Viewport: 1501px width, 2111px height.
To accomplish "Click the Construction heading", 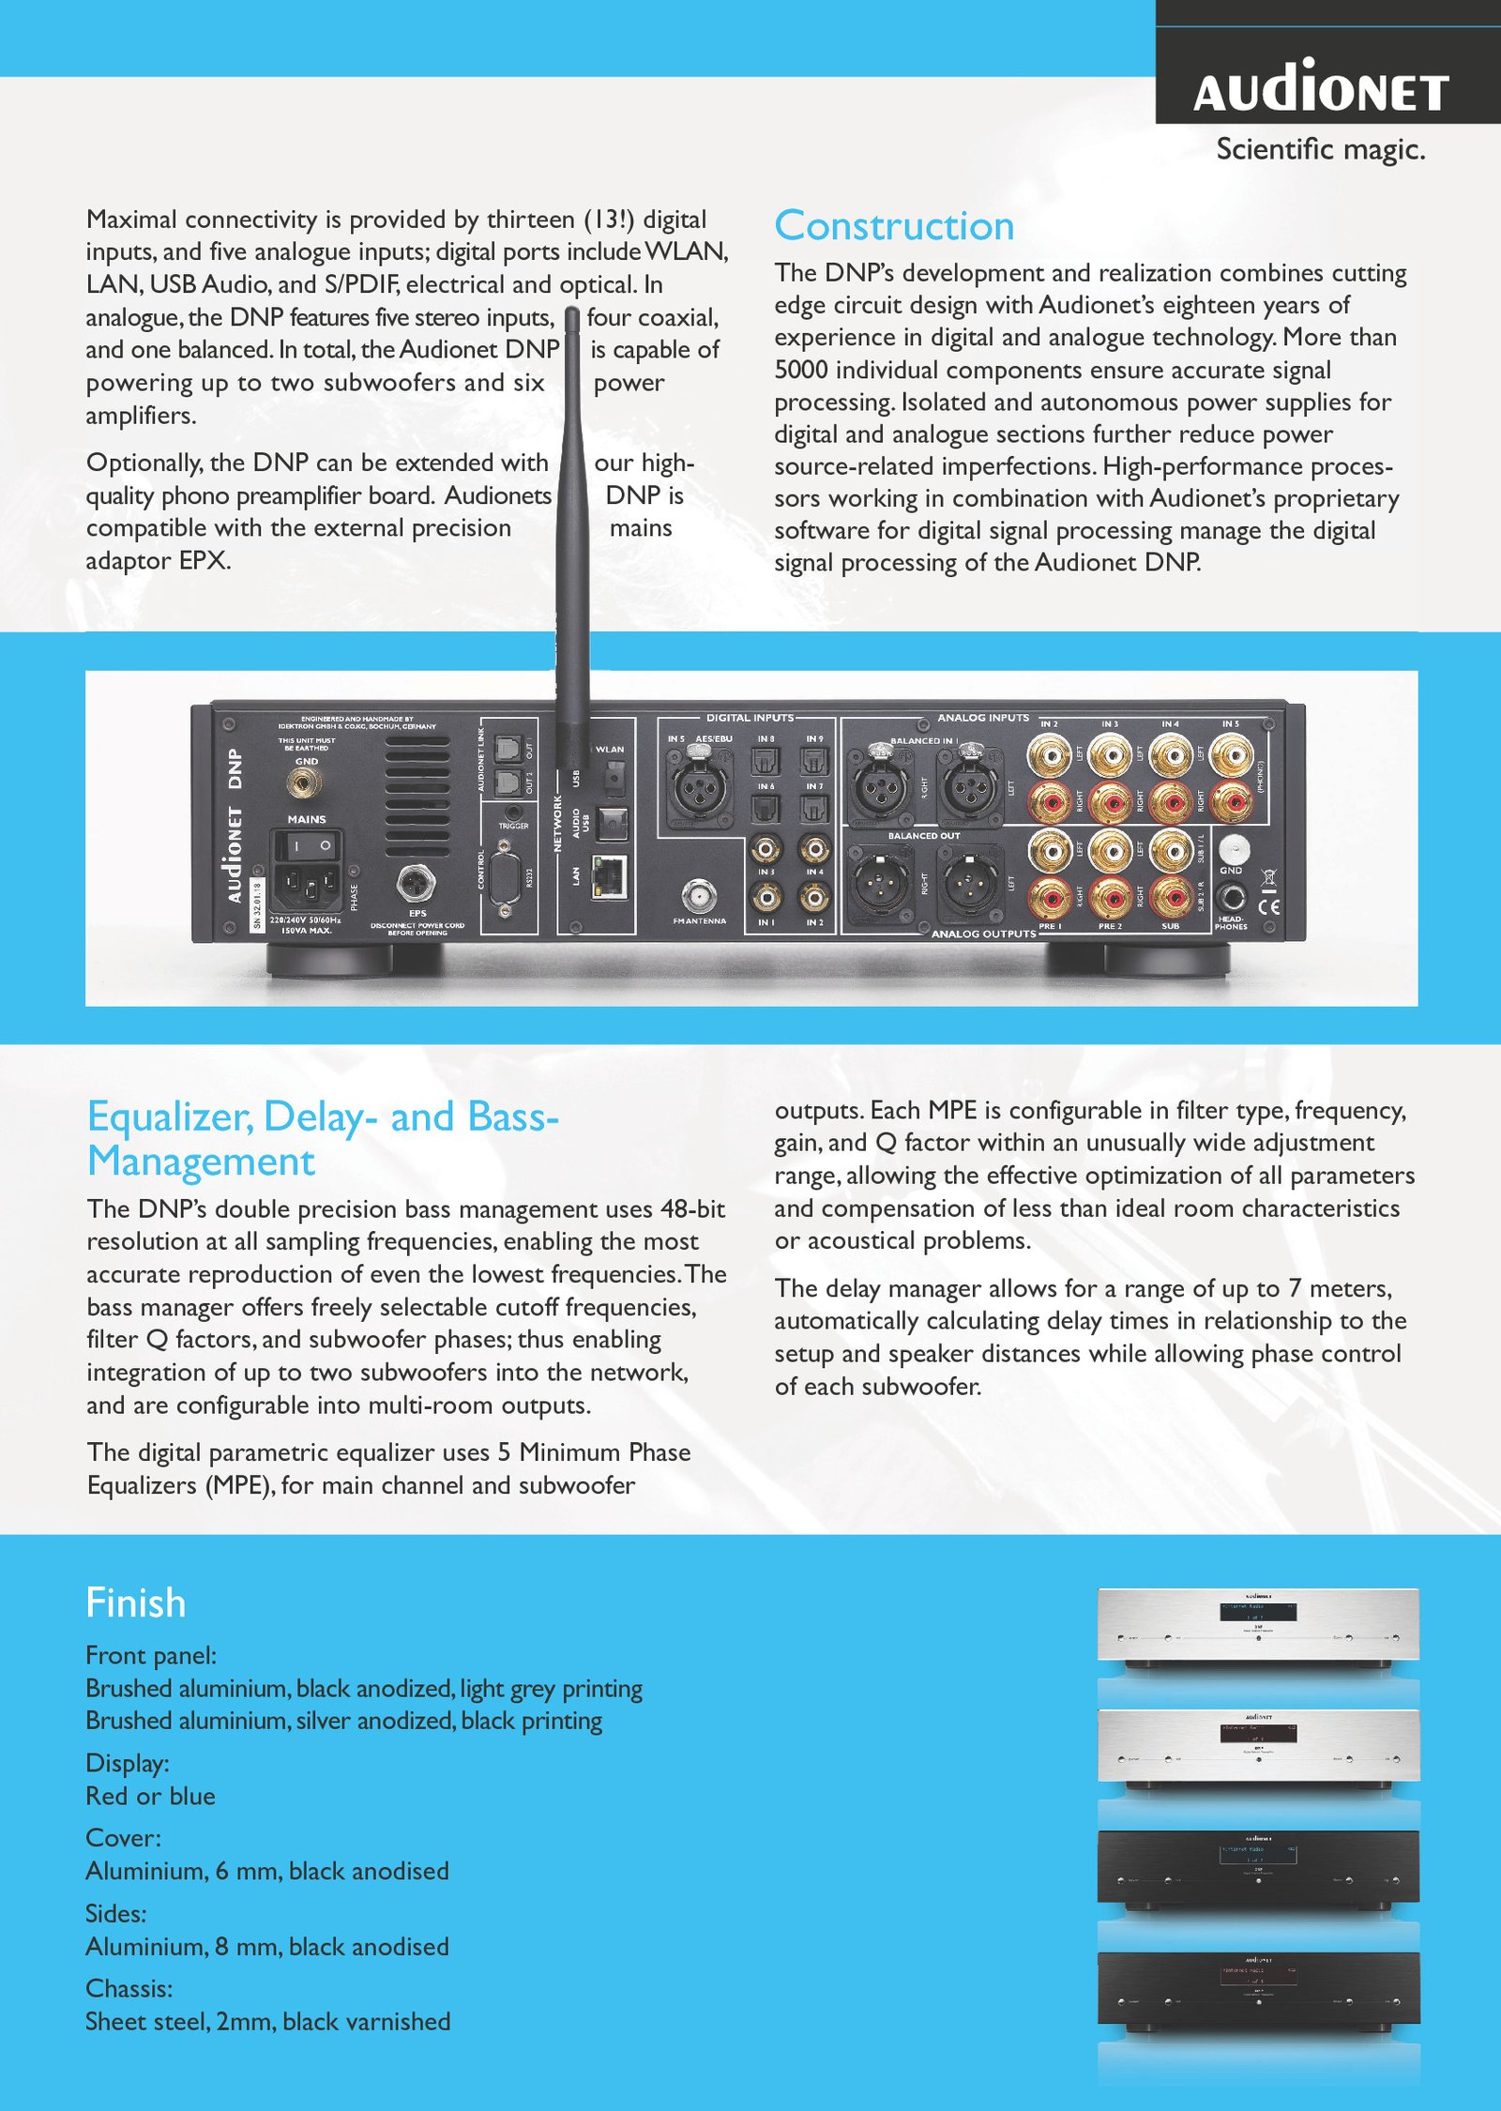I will tap(894, 226).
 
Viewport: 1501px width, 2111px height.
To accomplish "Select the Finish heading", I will tap(135, 1602).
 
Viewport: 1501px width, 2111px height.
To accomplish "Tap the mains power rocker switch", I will tap(307, 846).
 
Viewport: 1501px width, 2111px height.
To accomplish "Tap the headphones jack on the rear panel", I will tap(1231, 897).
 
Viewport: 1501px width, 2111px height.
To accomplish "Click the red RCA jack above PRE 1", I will tap(1050, 898).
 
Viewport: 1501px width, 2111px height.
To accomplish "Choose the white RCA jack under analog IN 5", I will tap(1231, 755).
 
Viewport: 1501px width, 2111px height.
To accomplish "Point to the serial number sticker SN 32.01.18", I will tap(257, 904).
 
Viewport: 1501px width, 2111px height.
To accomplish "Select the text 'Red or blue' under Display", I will tap(150, 1796).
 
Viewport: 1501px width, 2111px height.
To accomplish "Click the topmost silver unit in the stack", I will tap(1258, 1626).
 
